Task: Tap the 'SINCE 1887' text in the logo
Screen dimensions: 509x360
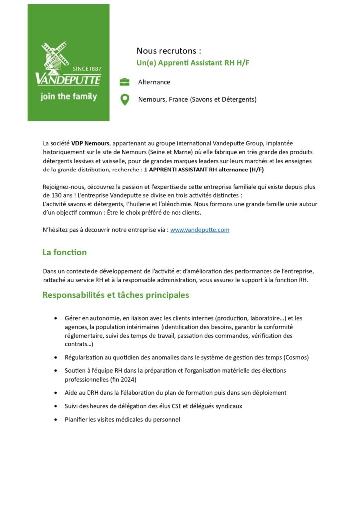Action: (x=87, y=68)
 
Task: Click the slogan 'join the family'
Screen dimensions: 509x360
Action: (x=69, y=97)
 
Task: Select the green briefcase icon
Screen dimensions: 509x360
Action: (x=124, y=82)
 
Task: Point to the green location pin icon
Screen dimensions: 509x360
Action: (x=125, y=100)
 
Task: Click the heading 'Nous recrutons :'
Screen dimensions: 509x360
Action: (x=169, y=51)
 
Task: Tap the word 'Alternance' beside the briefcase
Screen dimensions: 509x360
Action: (x=154, y=82)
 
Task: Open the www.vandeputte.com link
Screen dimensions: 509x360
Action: (x=199, y=230)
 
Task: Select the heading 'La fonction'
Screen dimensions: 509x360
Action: (x=64, y=252)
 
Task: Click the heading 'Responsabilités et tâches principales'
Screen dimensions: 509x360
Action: (x=115, y=295)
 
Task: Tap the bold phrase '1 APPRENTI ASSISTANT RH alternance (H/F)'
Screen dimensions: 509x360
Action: (x=204, y=170)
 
